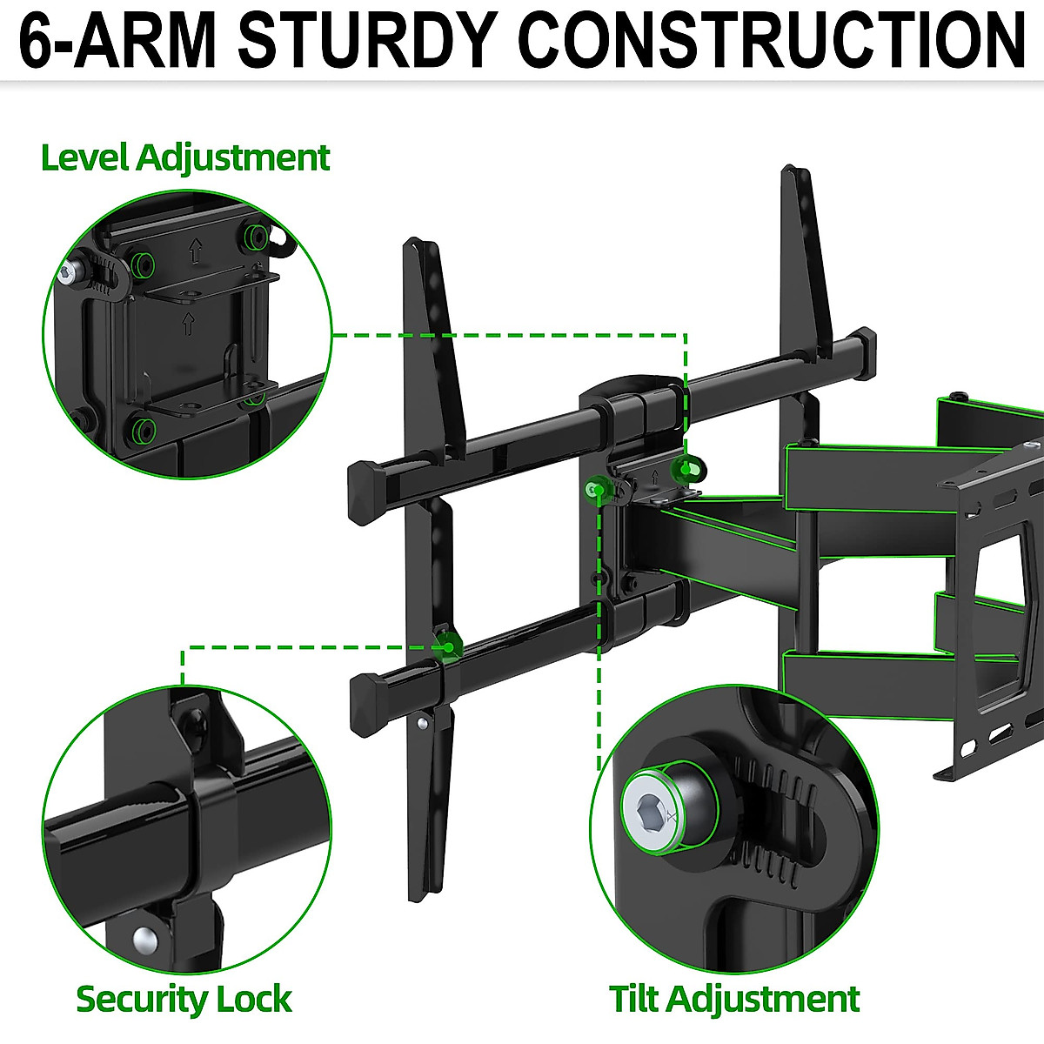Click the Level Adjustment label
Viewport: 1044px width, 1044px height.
(185, 158)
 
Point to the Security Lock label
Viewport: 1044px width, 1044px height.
(184, 999)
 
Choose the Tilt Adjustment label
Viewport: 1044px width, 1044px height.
(733, 999)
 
